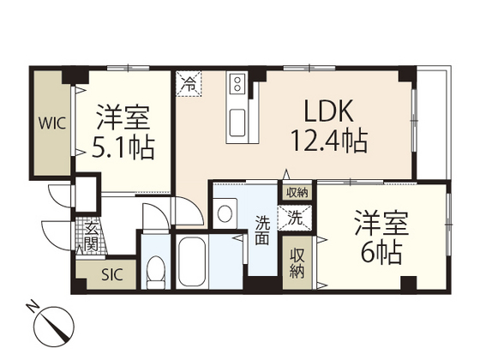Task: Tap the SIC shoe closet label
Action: (112, 275)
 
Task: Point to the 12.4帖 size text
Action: (331, 141)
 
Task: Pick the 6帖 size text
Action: (381, 254)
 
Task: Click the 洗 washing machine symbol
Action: (294, 218)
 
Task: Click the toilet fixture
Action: (155, 273)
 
